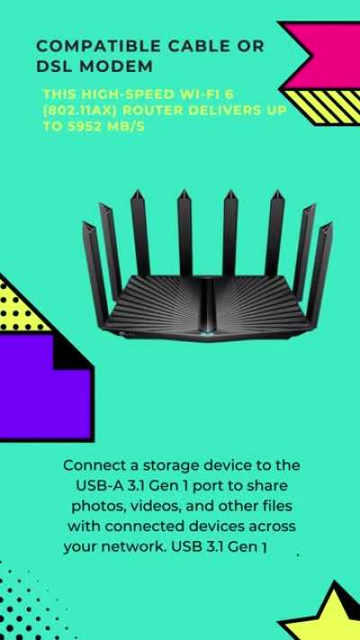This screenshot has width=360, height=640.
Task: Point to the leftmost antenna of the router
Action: click(94, 273)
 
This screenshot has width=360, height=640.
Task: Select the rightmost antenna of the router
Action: click(319, 272)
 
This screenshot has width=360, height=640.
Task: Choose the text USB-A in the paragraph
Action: click(94, 486)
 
